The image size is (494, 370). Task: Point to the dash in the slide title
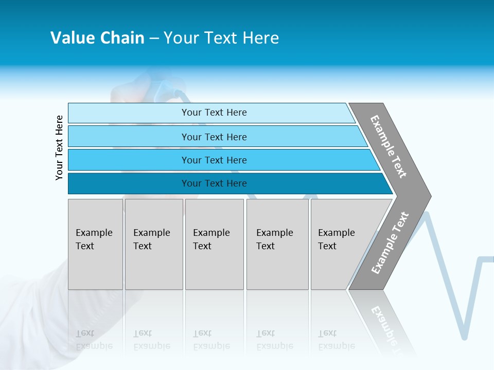tap(154, 39)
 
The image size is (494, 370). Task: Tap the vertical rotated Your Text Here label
tap(59, 147)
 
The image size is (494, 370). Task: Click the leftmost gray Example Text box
tap(95, 244)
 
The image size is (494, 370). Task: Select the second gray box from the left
tap(154, 244)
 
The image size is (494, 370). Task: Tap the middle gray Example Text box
tap(214, 244)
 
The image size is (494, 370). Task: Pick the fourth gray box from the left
tap(277, 244)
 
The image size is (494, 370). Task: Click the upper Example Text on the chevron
tap(389, 146)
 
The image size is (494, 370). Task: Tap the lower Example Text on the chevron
tap(390, 243)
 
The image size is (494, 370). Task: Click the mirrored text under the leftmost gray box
tap(94, 340)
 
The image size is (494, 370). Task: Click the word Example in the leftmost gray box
tap(94, 233)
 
